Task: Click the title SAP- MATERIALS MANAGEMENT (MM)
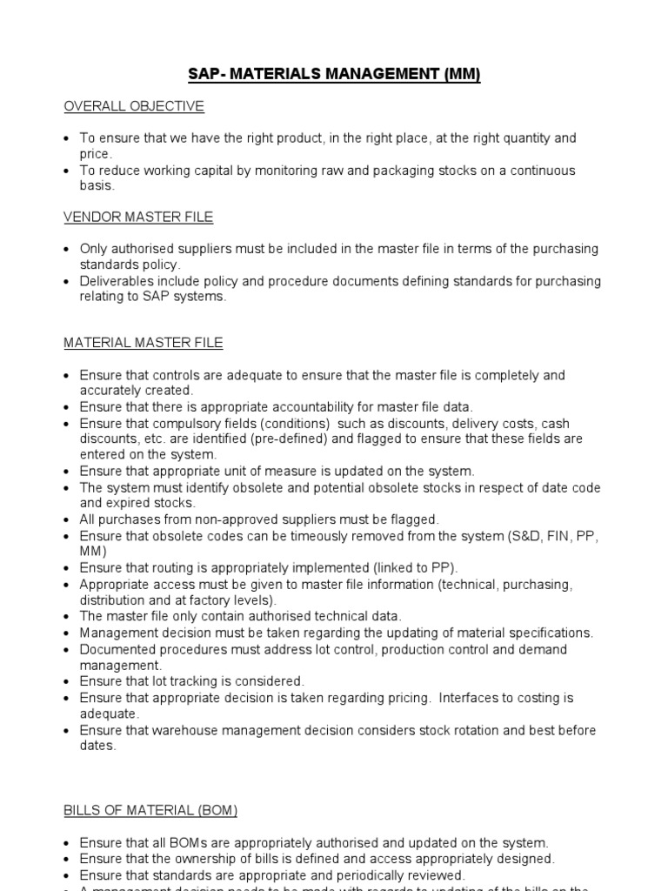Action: [334, 75]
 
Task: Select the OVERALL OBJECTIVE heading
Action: [133, 106]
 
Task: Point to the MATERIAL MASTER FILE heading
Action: [143, 343]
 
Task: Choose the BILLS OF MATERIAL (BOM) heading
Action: [150, 810]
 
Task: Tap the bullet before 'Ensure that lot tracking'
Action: [68, 681]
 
